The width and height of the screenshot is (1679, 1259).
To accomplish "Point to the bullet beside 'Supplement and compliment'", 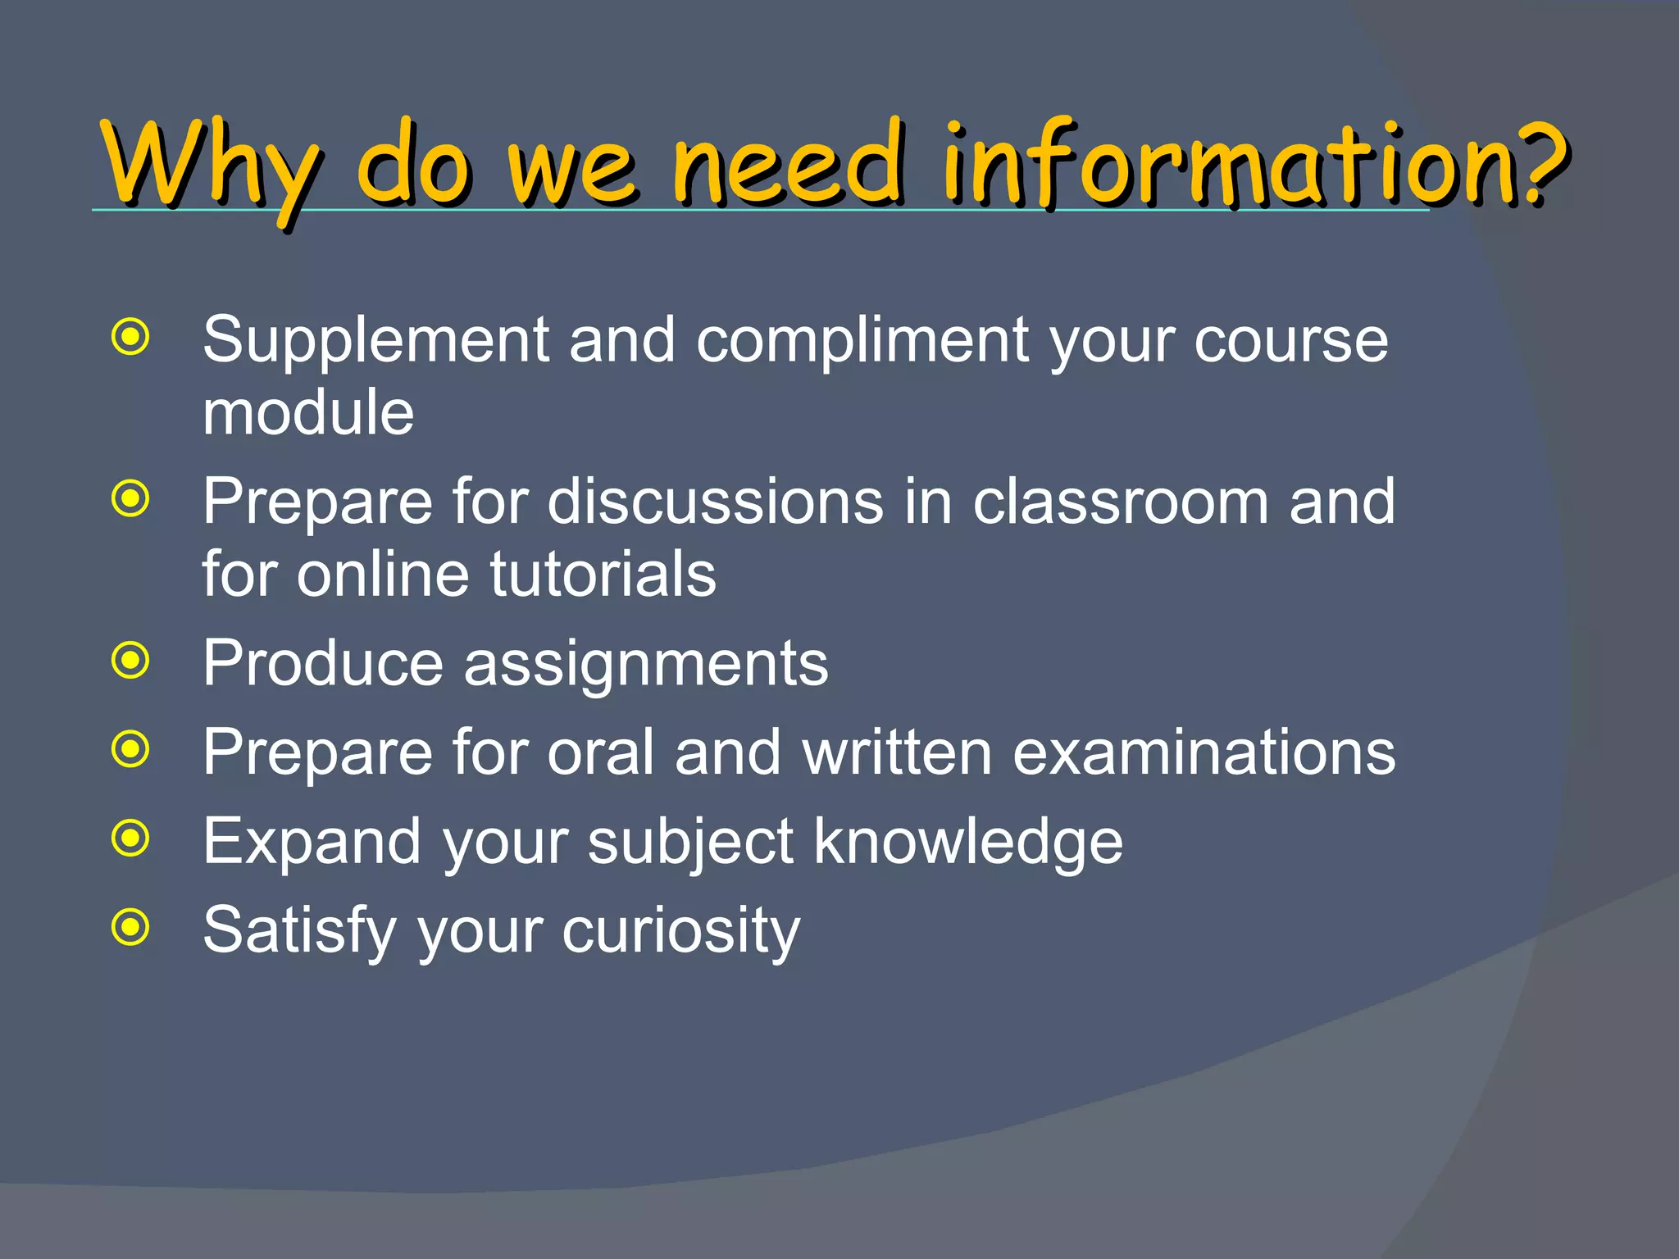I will point(131,337).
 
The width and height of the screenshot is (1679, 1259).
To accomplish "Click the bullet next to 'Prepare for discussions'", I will point(131,498).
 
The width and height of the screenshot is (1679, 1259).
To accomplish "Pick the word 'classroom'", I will point(1120,502).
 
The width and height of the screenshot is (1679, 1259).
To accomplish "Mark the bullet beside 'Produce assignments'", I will point(131,661).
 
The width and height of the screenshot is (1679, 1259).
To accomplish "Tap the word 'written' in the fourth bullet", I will point(897,752).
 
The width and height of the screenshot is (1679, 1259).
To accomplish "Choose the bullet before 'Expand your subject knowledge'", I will point(131,838).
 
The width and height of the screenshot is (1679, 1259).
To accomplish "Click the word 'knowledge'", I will point(967,843).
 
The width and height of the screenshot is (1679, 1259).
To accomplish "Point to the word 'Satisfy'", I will point(300,931).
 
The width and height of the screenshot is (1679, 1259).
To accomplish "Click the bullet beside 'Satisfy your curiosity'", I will point(131,927).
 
